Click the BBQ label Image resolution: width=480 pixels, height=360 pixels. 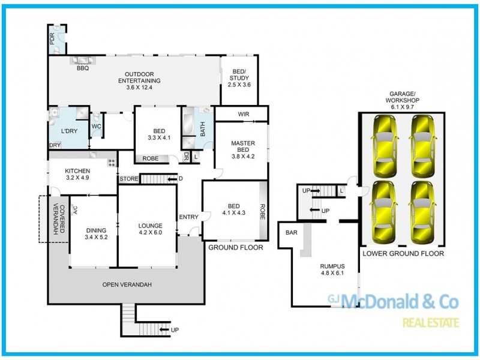click(x=82, y=68)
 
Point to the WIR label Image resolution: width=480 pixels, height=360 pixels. click(x=244, y=114)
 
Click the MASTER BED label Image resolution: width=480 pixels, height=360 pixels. click(x=243, y=147)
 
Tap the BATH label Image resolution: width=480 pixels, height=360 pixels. click(x=202, y=128)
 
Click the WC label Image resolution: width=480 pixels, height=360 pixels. click(x=96, y=127)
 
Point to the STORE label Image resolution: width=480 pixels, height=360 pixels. click(x=128, y=179)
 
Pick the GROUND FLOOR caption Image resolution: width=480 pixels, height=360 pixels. click(x=231, y=247)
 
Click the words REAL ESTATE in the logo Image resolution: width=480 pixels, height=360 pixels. click(x=431, y=323)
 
